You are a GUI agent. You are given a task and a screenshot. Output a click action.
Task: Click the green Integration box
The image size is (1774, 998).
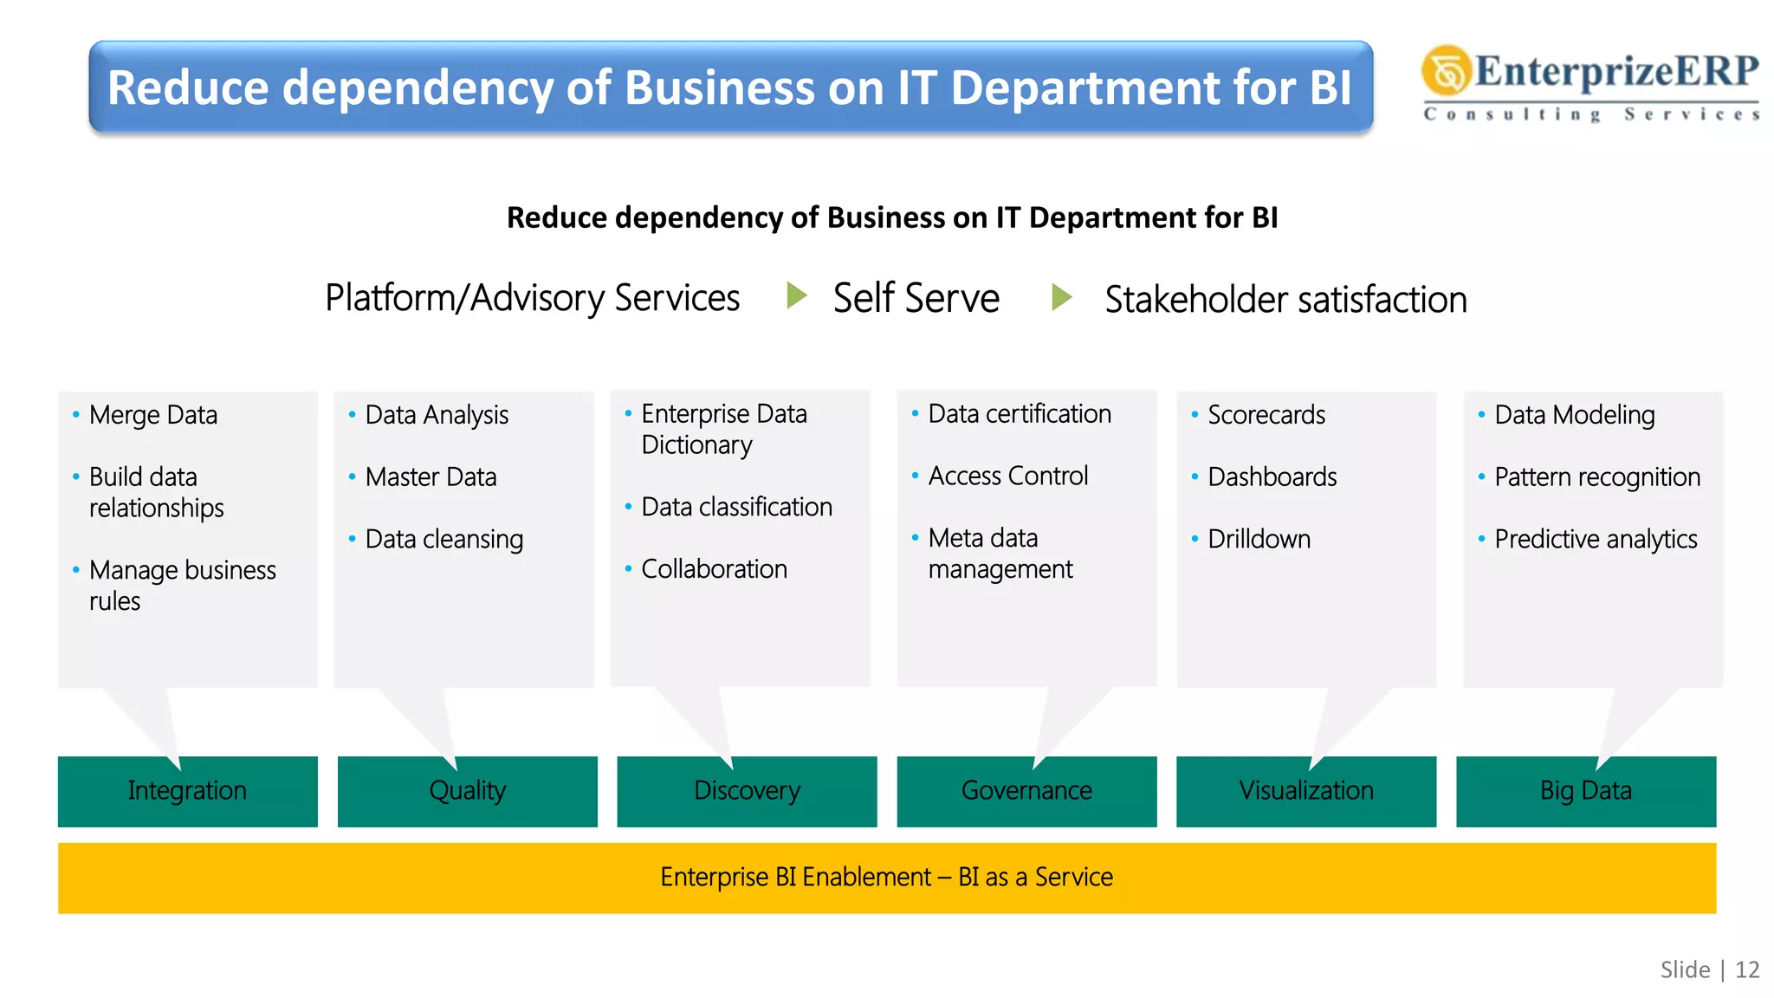pos(187,791)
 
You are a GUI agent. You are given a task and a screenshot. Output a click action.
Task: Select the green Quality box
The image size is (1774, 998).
pos(467,791)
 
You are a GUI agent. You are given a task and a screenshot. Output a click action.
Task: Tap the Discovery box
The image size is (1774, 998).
pos(747,791)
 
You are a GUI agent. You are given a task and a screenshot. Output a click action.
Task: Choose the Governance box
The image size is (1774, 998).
pos(1026,791)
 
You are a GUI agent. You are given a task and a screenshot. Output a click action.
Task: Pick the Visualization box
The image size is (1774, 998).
pos(1306,791)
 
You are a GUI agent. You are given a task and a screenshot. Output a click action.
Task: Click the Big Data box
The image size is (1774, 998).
pos(1586,791)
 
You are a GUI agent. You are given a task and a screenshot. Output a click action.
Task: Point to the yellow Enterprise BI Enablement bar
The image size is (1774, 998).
pos(887,878)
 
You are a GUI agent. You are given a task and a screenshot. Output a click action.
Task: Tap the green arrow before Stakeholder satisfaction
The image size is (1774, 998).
pos(1061,297)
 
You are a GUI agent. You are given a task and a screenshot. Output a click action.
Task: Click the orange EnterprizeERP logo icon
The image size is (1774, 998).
pos(1446,70)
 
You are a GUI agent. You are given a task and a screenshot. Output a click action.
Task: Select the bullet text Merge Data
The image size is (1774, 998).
pos(153,415)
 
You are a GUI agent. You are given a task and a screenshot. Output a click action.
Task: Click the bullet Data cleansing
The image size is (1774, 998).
pos(443,539)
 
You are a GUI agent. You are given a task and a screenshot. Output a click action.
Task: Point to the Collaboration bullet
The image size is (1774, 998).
pos(714,569)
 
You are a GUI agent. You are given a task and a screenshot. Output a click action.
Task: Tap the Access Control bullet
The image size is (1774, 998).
pos(1007,476)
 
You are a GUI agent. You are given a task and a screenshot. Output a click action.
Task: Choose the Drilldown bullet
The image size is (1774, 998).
pos(1259,539)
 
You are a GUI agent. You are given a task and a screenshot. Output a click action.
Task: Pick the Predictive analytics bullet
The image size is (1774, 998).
pos(1596,539)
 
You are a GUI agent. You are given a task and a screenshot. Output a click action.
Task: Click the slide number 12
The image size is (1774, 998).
pos(1747,969)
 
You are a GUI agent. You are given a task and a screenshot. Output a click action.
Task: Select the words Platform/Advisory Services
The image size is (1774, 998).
pos(532,298)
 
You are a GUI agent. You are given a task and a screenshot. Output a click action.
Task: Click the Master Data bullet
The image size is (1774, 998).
pos(431,476)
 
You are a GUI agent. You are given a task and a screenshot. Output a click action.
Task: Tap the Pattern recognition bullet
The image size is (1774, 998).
pos(1597,476)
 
